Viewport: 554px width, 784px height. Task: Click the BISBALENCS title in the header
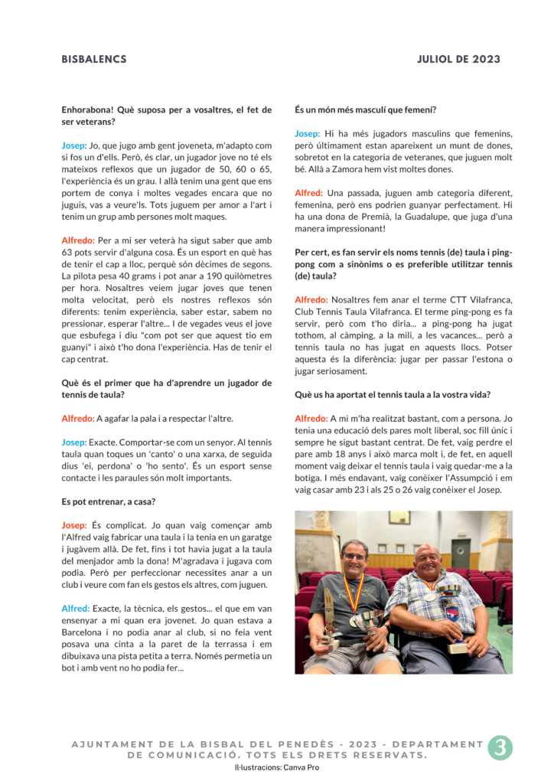click(x=94, y=60)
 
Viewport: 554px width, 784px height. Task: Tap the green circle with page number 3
click(x=499, y=747)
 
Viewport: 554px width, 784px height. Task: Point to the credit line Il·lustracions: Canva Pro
click(x=277, y=766)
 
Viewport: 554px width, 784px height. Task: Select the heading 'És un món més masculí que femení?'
click(x=365, y=110)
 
